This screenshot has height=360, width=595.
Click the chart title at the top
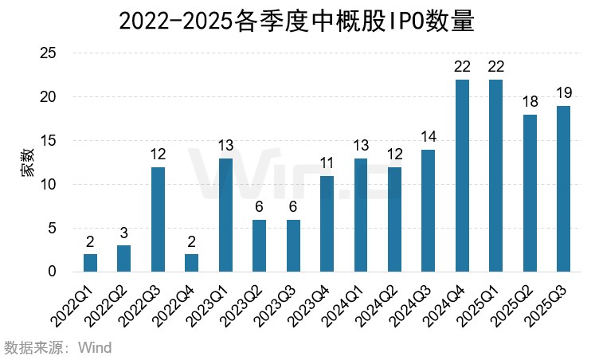[296, 21]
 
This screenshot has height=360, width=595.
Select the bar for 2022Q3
[158, 220]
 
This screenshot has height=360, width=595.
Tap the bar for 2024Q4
[462, 176]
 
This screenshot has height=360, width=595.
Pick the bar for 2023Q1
[225, 215]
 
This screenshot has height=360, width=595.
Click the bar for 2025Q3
[563, 189]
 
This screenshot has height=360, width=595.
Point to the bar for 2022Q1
[90, 263]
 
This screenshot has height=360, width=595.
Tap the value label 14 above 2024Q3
[428, 135]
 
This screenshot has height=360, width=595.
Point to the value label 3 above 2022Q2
[123, 232]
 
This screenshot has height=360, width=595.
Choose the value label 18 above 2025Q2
[530, 101]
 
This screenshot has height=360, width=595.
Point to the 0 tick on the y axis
[52, 272]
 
